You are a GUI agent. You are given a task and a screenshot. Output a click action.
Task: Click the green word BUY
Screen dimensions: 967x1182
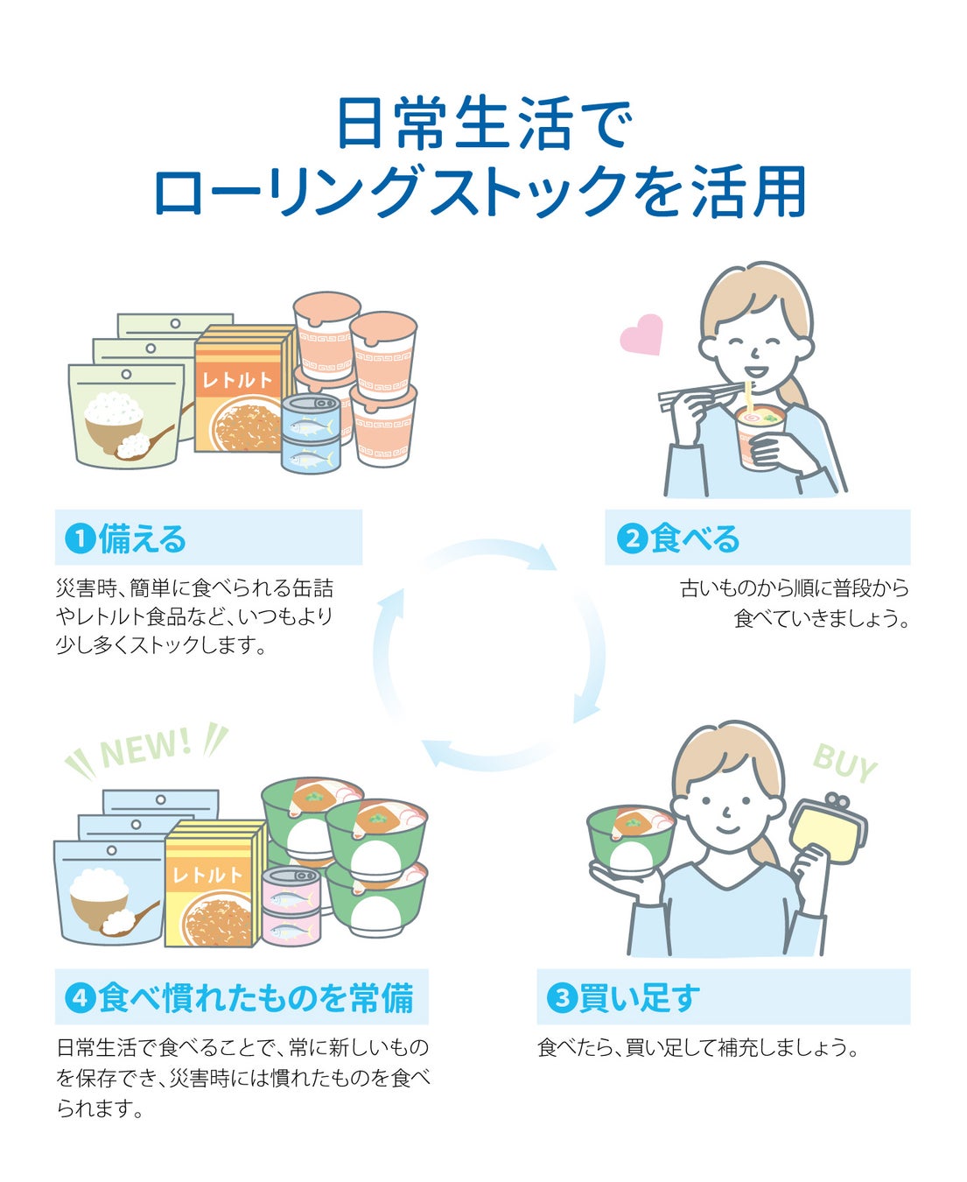tap(844, 763)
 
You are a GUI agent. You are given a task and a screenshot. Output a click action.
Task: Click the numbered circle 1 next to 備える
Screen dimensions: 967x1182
tap(81, 538)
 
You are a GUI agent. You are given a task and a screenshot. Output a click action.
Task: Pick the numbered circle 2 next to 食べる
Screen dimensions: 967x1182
tap(631, 538)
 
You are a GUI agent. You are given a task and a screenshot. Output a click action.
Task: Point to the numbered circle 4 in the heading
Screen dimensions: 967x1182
tap(81, 997)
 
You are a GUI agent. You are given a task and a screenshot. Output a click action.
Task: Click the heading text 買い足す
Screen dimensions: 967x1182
tap(640, 997)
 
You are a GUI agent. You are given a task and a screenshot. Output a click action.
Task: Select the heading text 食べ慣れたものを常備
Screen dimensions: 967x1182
tap(256, 997)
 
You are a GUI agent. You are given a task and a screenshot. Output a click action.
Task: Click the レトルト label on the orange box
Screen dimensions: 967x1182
tap(237, 380)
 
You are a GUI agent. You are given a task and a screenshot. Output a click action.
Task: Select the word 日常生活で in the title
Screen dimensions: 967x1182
tap(483, 125)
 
